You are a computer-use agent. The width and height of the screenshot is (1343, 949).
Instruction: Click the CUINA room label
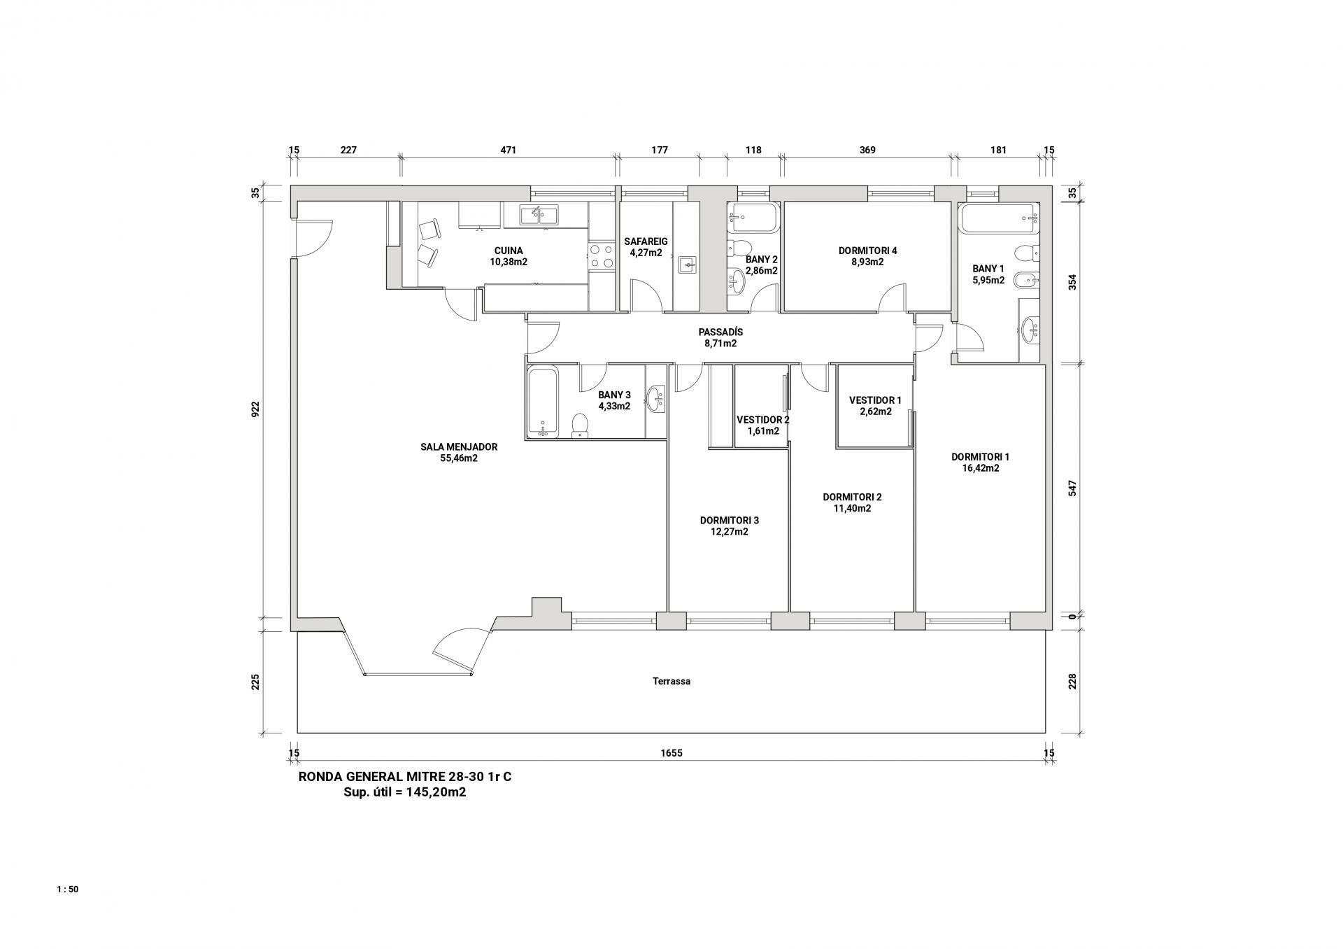(509, 251)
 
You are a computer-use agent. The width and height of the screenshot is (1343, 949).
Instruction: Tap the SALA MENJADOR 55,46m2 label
(459, 453)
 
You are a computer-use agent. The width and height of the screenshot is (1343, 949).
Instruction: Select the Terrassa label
(671, 681)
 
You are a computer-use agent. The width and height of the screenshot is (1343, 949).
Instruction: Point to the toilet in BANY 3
(580, 426)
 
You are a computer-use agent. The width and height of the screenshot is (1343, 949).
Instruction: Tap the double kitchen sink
(539, 216)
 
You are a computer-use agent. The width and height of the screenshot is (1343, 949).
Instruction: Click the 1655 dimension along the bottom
(671, 753)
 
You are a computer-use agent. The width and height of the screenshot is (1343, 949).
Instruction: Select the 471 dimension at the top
(509, 150)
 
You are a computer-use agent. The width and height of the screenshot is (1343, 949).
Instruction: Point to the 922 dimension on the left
(255, 409)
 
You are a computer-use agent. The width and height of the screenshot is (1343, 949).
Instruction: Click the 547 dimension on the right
(1072, 488)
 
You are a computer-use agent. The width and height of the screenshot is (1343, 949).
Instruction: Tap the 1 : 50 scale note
(68, 890)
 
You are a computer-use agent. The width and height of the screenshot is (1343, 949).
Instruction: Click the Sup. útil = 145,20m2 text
(405, 793)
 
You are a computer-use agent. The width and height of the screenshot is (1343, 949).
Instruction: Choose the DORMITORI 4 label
(867, 251)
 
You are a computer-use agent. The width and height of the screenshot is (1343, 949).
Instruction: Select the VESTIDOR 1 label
(875, 400)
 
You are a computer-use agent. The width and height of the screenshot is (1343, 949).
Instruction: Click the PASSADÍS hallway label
(720, 332)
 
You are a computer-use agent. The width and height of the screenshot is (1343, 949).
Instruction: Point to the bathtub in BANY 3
(542, 401)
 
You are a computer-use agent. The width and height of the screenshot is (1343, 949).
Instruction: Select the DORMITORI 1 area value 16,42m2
(981, 468)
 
